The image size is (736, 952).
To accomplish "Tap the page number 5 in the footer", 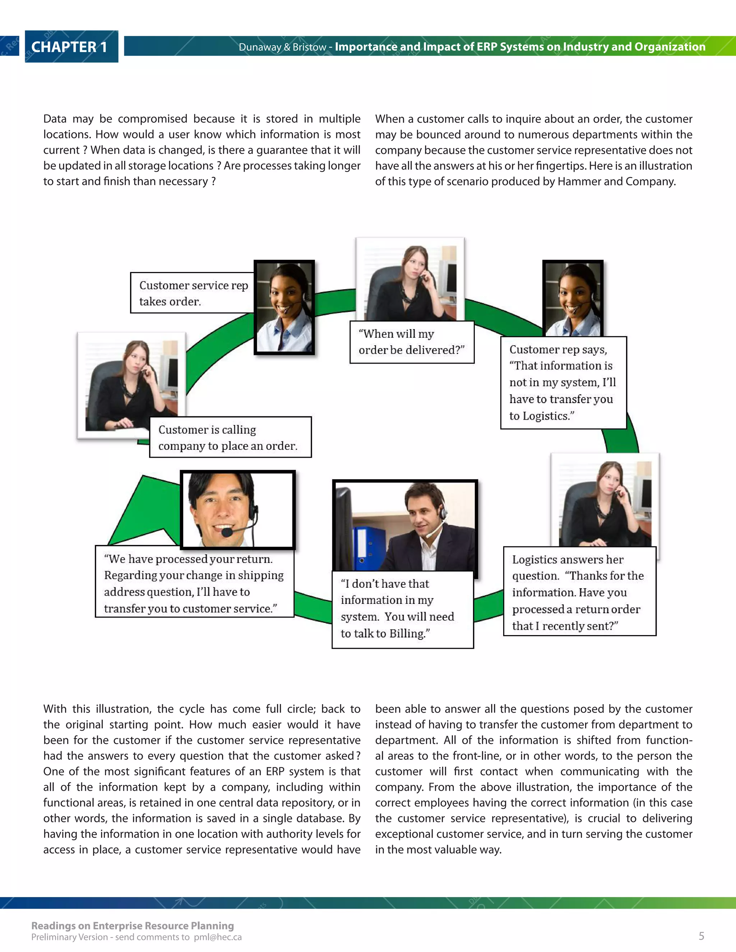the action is pyautogui.click(x=701, y=935).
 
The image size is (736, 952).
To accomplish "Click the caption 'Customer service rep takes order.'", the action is pyautogui.click(x=192, y=293).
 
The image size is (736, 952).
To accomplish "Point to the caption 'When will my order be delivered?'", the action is pyautogui.click(x=411, y=342).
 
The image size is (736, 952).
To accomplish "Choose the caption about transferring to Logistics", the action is pyautogui.click(x=563, y=382).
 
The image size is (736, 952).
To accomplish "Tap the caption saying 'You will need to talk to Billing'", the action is pyautogui.click(x=402, y=609).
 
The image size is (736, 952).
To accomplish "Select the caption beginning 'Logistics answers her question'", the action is pyautogui.click(x=579, y=592).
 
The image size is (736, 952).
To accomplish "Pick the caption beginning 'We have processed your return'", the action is pyautogui.click(x=194, y=583).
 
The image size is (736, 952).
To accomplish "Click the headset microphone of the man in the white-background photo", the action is pyautogui.click(x=227, y=532).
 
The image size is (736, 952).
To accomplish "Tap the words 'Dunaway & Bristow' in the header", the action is pyautogui.click(x=282, y=47).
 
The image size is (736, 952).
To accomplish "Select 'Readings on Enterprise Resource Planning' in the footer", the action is pyautogui.click(x=133, y=925).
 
